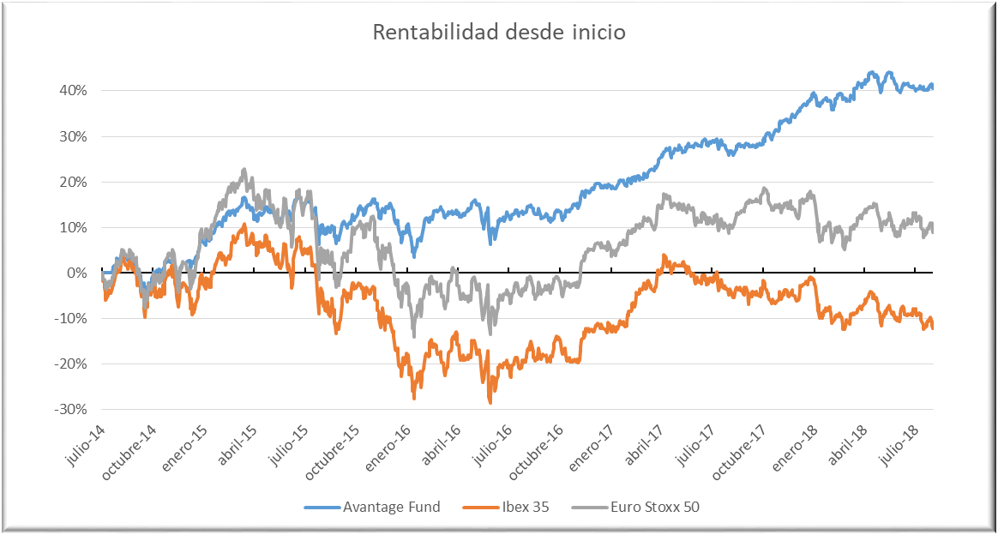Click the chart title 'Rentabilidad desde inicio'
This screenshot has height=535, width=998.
pos(499,33)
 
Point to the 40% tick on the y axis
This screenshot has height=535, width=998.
pos(74,91)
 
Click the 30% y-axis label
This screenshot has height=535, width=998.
pos(74,136)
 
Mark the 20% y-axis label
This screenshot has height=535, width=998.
pos(74,182)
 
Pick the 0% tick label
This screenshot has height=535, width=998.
pos(77,274)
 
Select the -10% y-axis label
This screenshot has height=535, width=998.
pos(72,319)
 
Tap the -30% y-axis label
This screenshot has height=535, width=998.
pos(72,410)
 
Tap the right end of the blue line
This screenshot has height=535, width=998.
pos(932,86)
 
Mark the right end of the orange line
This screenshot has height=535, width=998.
pos(932,328)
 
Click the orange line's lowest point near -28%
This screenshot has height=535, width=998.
pos(490,401)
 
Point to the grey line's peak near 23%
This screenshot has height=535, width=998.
pos(244,170)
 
